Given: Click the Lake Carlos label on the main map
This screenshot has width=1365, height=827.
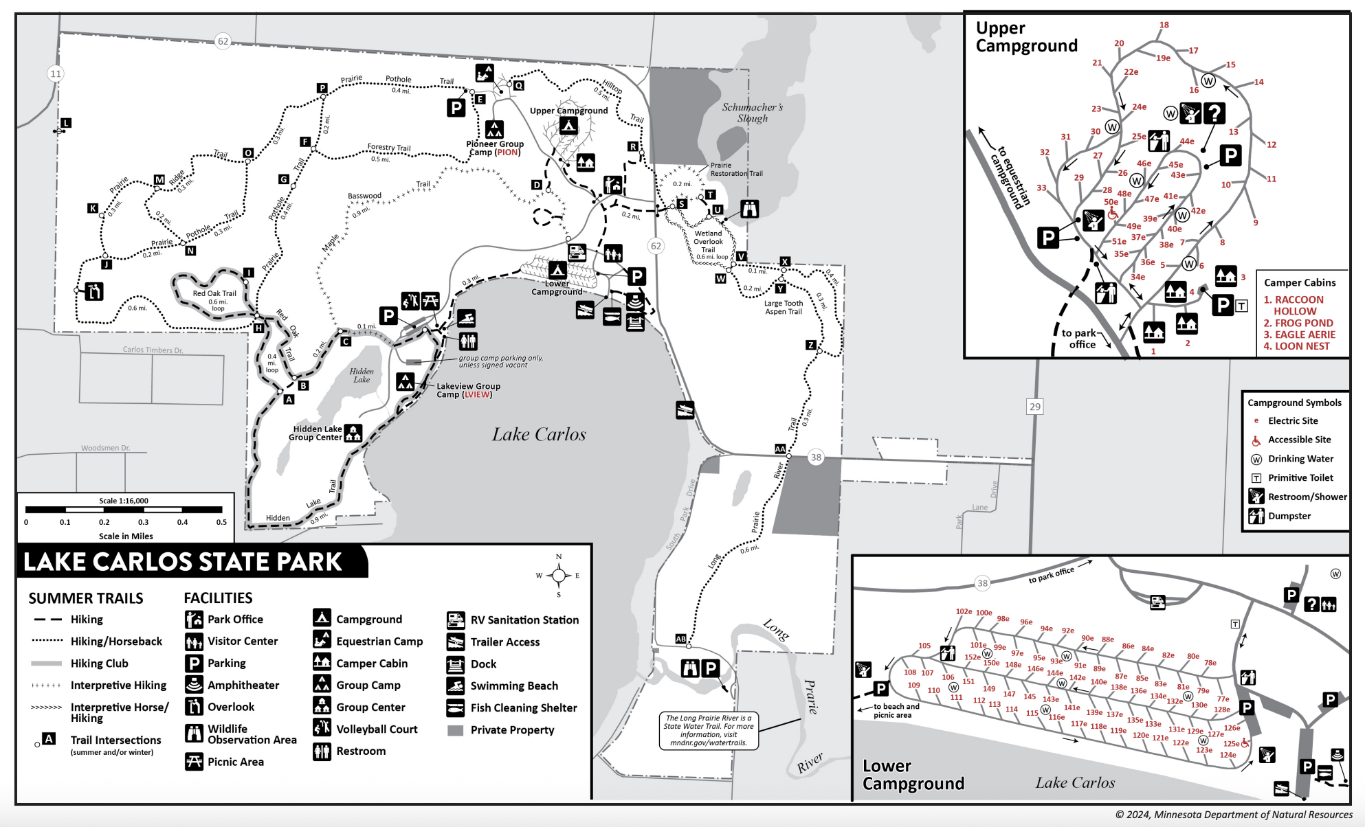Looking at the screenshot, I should (x=539, y=435).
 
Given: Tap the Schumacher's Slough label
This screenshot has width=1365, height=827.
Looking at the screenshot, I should (x=752, y=113).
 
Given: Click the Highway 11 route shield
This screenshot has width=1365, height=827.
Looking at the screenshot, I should (x=56, y=73).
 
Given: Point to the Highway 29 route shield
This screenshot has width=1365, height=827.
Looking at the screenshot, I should (x=1034, y=407).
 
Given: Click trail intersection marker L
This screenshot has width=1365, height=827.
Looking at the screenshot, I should (x=66, y=123).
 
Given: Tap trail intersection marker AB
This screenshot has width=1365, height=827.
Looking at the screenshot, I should (x=680, y=639).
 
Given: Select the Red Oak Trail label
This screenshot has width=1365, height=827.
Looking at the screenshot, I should (x=214, y=293).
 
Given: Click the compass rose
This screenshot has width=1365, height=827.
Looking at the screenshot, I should (x=559, y=576).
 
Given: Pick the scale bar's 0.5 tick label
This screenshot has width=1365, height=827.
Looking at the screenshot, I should (x=221, y=522).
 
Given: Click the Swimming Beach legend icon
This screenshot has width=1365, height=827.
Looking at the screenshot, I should (x=455, y=686).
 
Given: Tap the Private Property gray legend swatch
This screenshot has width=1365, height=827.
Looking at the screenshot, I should (x=455, y=730).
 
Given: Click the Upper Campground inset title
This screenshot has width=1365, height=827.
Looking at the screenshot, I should (x=1026, y=37).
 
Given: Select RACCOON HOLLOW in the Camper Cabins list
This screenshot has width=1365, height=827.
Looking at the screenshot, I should (x=1293, y=305).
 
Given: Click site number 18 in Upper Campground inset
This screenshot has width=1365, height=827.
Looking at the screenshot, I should (x=1164, y=25).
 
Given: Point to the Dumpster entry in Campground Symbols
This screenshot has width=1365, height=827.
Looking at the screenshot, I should (x=1289, y=516).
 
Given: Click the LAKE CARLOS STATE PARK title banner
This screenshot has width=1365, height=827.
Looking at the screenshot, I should (x=183, y=562).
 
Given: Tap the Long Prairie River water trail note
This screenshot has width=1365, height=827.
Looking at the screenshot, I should (x=708, y=730).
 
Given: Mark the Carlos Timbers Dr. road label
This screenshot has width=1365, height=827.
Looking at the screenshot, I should (x=153, y=350).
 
